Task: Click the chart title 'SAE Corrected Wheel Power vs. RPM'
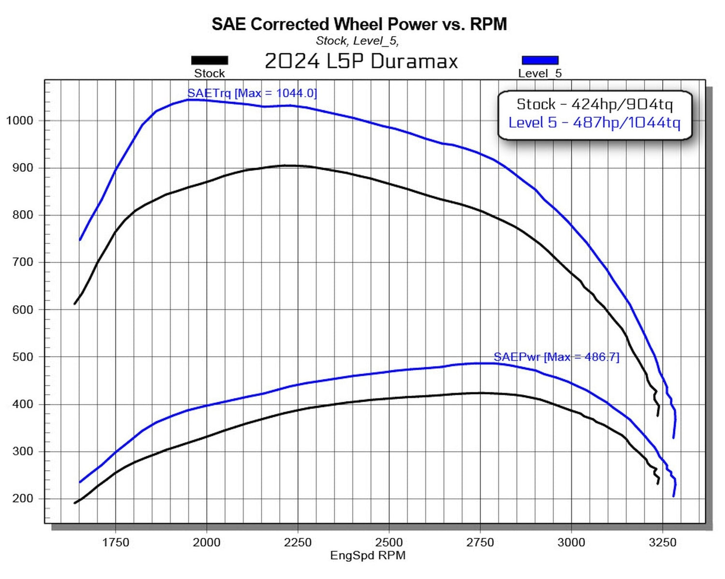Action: (x=359, y=24)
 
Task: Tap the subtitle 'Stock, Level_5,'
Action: (x=357, y=41)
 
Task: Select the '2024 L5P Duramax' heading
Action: (x=361, y=61)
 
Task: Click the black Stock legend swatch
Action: (x=209, y=60)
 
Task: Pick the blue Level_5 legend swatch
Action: (x=540, y=60)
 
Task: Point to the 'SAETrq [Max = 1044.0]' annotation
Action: (x=252, y=93)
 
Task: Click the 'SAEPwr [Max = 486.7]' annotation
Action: (x=556, y=357)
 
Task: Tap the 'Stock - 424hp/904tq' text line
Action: (x=594, y=104)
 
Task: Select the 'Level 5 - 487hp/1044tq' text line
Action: (x=594, y=122)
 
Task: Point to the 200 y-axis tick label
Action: (x=22, y=499)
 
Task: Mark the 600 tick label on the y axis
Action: (x=22, y=310)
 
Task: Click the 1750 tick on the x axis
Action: (x=116, y=542)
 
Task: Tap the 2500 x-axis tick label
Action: (x=389, y=542)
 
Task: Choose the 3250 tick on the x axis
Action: (x=663, y=542)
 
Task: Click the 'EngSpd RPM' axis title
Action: (x=367, y=556)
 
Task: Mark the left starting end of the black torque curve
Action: (x=74, y=304)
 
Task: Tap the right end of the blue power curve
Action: (x=674, y=496)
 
